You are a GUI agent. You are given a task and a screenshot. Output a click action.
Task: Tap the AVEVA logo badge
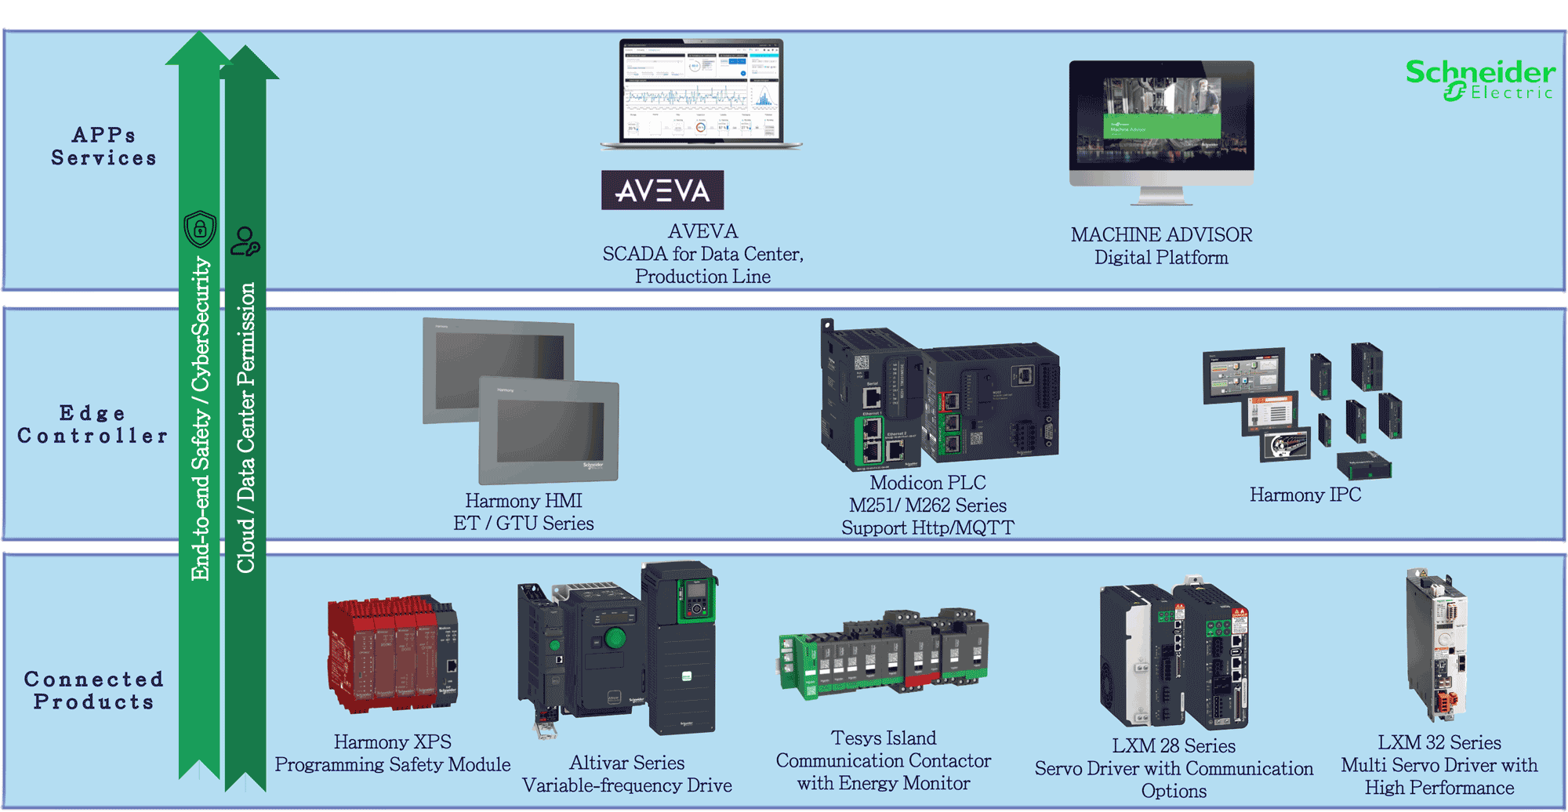[662, 190]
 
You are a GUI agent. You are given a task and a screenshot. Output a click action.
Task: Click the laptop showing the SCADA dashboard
[700, 94]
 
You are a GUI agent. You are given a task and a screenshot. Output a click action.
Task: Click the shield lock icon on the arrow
[200, 229]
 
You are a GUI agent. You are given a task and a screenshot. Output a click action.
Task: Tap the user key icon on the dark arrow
[245, 241]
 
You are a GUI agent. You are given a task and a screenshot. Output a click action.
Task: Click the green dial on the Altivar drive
[615, 638]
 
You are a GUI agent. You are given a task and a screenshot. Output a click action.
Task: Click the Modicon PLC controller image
[938, 396]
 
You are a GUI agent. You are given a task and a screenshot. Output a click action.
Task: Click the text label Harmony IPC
[1305, 495]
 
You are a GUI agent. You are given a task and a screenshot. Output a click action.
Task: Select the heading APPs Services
[103, 147]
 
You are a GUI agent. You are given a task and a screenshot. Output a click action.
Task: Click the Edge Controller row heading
[93, 424]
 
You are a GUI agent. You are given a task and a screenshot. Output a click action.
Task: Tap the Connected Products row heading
[93, 691]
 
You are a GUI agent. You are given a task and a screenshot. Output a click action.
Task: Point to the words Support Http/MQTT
[927, 527]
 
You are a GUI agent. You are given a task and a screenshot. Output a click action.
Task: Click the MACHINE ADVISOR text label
[1161, 234]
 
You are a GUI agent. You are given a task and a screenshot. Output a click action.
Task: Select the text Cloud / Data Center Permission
[246, 427]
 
